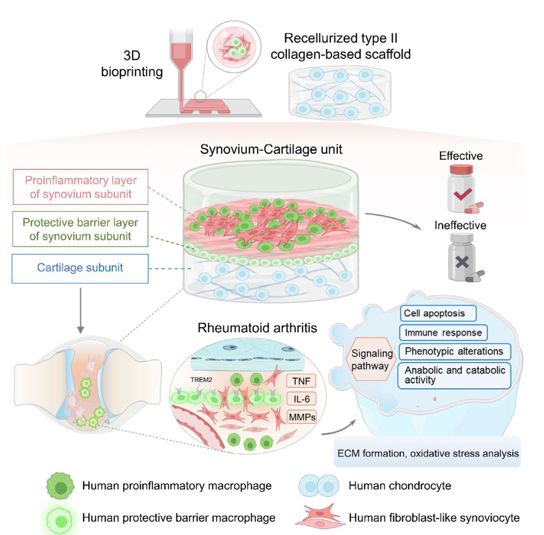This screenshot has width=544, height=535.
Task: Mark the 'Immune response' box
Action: click(444, 332)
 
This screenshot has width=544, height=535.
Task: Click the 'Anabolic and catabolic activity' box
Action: click(455, 375)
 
